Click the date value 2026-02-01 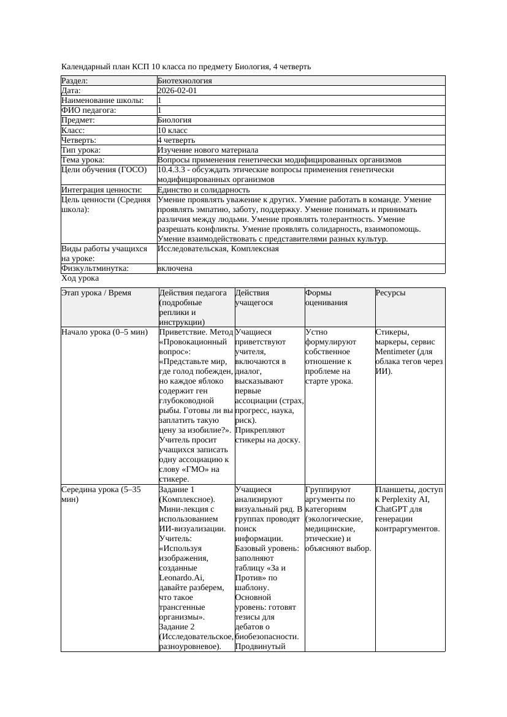[x=177, y=90]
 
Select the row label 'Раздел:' [x=75, y=80]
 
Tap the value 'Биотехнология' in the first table [x=185, y=80]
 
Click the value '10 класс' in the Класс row [x=172, y=130]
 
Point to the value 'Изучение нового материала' [x=208, y=150]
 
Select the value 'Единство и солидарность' [x=204, y=189]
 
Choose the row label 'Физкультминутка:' [x=94, y=268]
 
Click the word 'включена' [x=175, y=268]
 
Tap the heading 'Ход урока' [x=80, y=278]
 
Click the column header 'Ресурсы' [x=391, y=293]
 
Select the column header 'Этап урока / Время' [x=96, y=293]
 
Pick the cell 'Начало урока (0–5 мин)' [x=104, y=332]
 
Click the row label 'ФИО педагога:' [x=89, y=110]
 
